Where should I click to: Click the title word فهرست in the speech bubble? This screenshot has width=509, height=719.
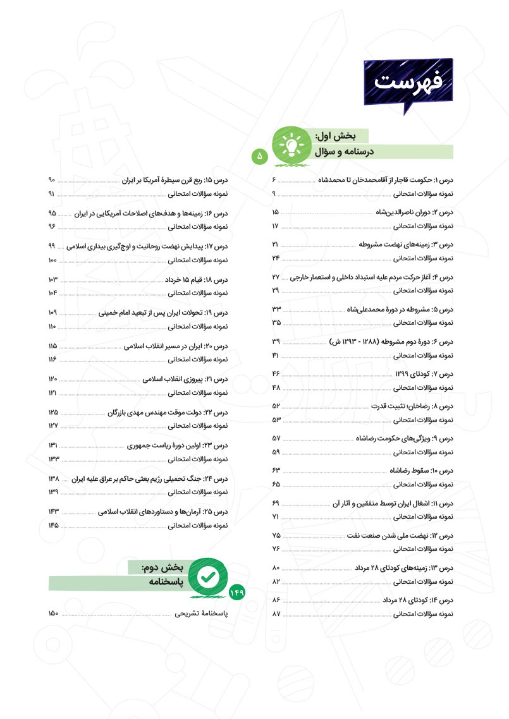click(408, 82)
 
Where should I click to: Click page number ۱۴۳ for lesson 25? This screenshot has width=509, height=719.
click(53, 511)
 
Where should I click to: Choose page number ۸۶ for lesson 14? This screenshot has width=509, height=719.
click(276, 600)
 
